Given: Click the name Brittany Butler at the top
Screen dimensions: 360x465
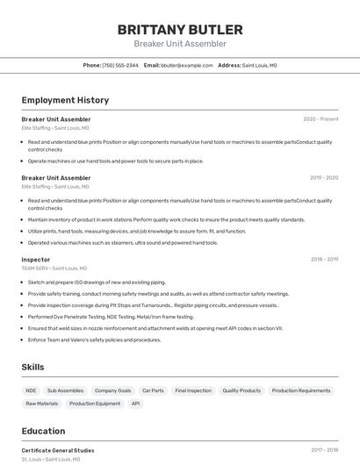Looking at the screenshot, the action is pos(180,29).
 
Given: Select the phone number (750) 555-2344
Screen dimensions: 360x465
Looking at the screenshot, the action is pos(120,65).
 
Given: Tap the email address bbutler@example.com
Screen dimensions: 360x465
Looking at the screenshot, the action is pos(186,65).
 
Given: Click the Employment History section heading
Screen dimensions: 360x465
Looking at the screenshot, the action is pos(65,100).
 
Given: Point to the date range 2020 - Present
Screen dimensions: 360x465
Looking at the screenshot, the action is pos(320,119).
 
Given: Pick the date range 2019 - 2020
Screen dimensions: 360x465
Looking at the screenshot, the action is pos(324,178).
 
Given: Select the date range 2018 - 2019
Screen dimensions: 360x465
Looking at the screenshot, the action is pos(324,260).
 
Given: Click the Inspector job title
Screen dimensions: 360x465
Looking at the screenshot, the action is pos(36,260).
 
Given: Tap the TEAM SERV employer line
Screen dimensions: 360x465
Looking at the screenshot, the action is pos(54,268).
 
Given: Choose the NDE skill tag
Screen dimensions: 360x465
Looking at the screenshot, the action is pos(32,390).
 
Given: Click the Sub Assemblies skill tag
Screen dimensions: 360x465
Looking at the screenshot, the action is pos(66,390).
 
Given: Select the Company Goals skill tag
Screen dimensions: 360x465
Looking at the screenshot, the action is pos(112,390).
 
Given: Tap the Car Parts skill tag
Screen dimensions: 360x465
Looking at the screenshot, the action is pos(153,390).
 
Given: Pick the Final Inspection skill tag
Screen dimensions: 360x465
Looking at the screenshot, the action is pos(193,390).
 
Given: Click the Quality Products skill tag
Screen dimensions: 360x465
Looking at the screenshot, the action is pos(241,390).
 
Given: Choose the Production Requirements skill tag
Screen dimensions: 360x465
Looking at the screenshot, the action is pos(301,390).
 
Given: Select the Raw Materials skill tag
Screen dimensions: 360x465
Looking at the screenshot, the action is pos(42,404).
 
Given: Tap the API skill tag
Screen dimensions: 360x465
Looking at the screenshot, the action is pos(135,404).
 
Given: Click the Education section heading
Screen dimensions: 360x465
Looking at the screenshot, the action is pos(44,431).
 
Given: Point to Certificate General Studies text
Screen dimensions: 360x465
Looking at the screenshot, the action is pos(58,450).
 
